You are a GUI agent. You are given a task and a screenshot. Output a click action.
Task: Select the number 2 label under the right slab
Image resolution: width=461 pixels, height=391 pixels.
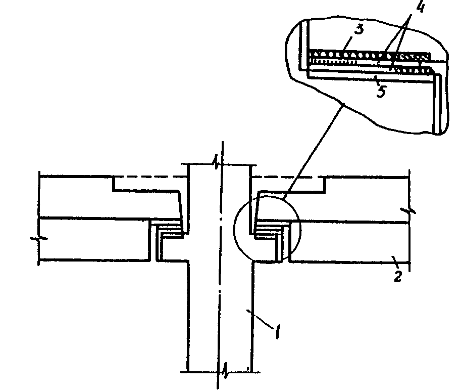398,276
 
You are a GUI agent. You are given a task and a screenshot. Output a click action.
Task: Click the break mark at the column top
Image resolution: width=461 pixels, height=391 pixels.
218,163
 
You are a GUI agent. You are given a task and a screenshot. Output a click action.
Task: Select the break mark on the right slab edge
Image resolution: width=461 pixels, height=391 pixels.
409,210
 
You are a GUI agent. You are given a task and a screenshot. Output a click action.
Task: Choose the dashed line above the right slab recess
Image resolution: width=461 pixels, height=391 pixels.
288,177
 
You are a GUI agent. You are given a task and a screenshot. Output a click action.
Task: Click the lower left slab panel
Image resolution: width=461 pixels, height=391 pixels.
93,239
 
